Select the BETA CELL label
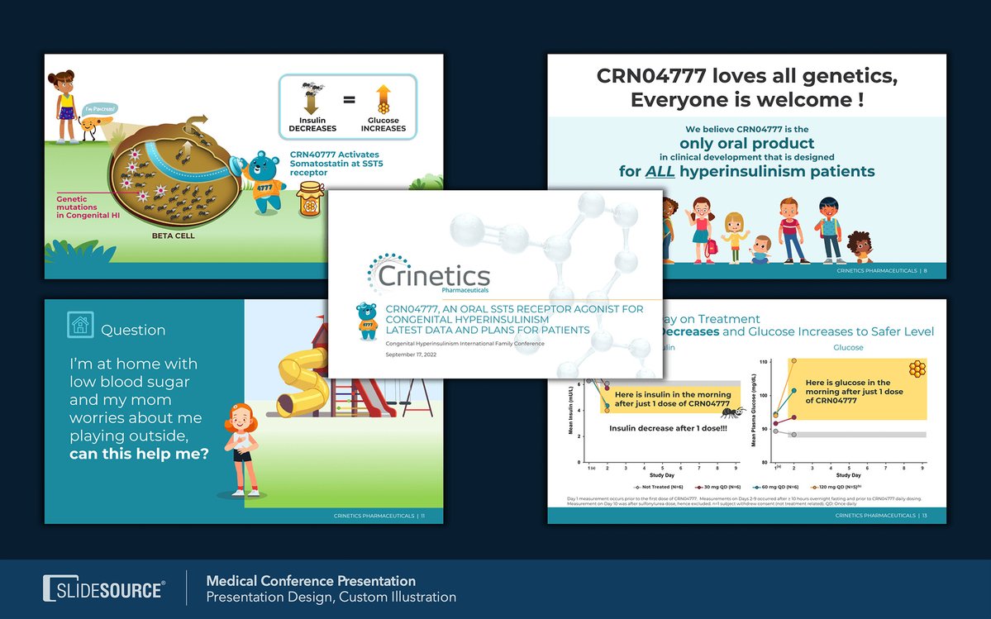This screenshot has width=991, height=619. [174, 235]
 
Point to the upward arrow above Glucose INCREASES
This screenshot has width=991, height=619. [383, 98]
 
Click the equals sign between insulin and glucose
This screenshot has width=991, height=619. [349, 101]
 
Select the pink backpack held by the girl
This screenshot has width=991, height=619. [712, 246]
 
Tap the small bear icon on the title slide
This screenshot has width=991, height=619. [366, 320]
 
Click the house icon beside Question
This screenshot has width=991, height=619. [80, 325]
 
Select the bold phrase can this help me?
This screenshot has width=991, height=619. [139, 454]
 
